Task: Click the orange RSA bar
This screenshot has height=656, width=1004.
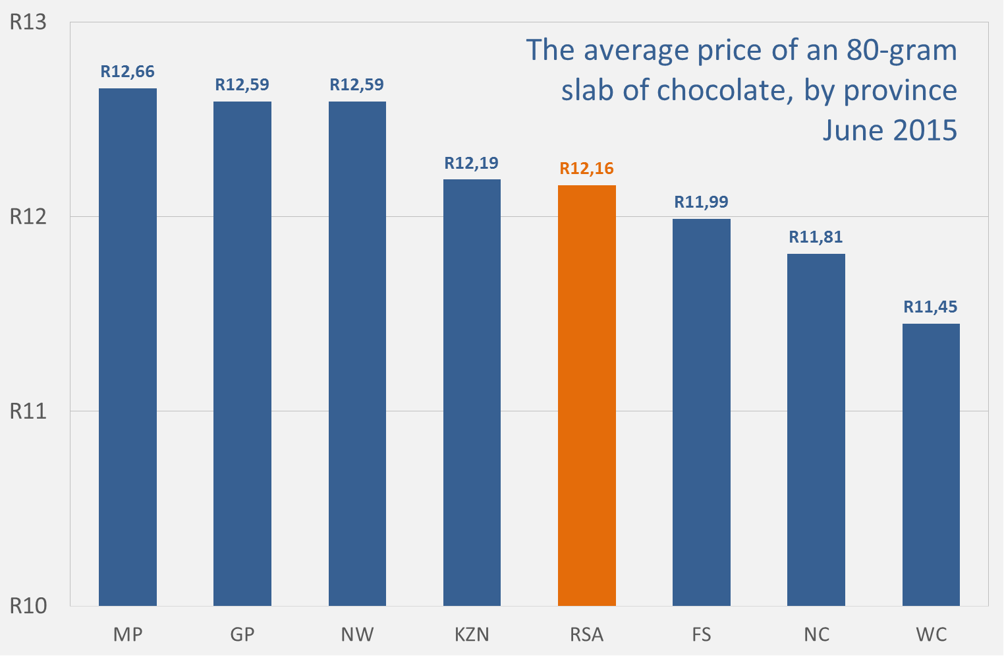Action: click(x=586, y=396)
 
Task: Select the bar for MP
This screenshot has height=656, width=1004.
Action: click(x=128, y=347)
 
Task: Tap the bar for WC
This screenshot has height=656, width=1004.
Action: click(x=931, y=465)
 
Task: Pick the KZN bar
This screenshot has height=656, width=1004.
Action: click(x=472, y=392)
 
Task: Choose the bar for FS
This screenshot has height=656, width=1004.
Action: click(x=701, y=412)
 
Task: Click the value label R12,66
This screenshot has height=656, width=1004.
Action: click(x=128, y=72)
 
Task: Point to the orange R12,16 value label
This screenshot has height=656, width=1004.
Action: click(x=586, y=169)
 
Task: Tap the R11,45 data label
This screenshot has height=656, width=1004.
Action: click(x=930, y=307)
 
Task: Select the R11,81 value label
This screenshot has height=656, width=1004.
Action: click(x=816, y=237)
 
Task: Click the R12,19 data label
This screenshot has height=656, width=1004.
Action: click(x=472, y=163)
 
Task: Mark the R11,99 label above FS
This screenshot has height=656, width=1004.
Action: click(x=701, y=202)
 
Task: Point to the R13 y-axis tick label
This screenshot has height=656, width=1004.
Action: click(x=28, y=22)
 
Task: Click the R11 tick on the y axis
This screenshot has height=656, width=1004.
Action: click(x=28, y=411)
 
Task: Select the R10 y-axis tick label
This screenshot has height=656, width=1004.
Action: click(x=28, y=606)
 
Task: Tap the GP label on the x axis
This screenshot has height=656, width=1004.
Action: click(x=242, y=635)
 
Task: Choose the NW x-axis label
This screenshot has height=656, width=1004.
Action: click(x=357, y=635)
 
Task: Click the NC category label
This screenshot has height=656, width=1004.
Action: click(x=816, y=635)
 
